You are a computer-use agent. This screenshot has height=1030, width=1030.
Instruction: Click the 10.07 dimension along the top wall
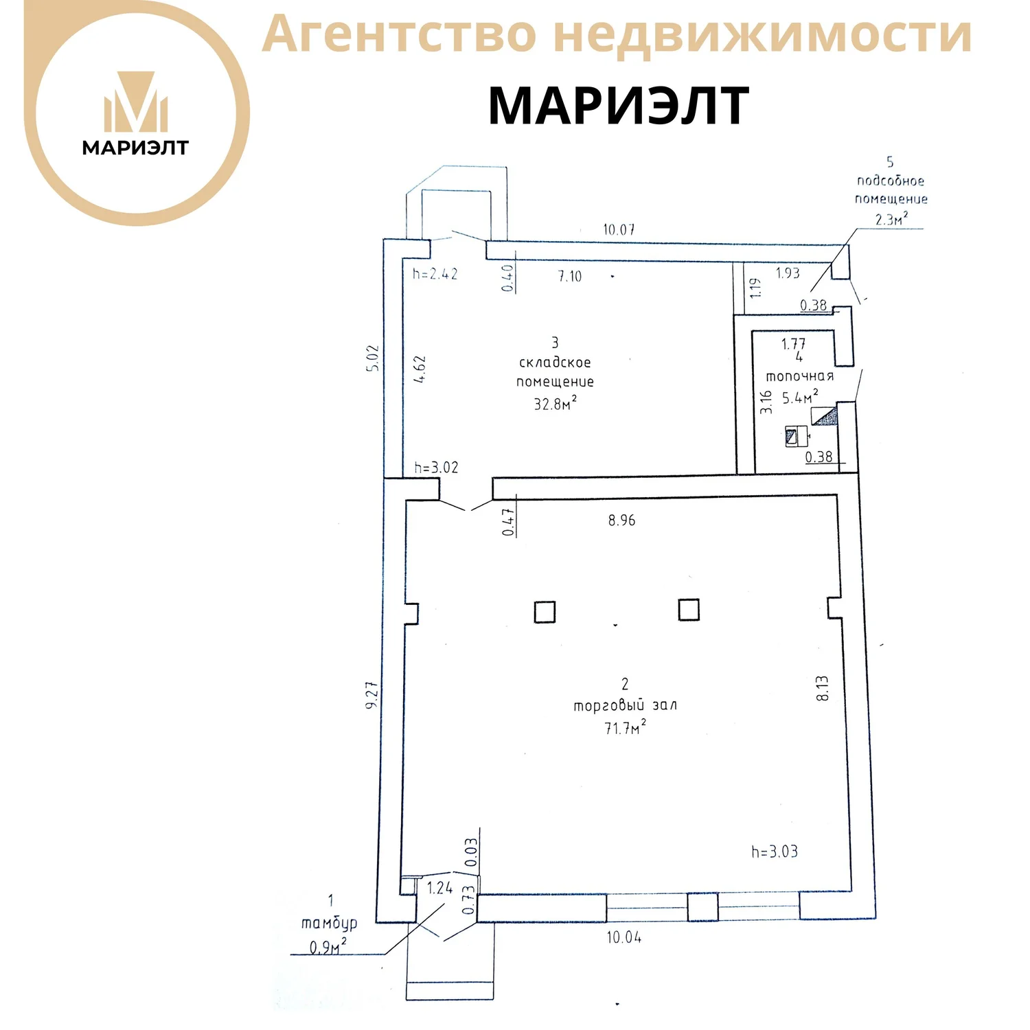pyautogui.click(x=619, y=229)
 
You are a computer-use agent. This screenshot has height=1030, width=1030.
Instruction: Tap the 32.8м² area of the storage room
pyautogui.click(x=555, y=403)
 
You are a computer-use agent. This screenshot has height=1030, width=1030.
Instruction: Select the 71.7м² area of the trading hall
pyautogui.click(x=625, y=728)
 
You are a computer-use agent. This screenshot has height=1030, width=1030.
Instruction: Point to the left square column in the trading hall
pyautogui.click(x=545, y=612)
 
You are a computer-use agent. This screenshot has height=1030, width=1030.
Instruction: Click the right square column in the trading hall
pyautogui.click(x=689, y=610)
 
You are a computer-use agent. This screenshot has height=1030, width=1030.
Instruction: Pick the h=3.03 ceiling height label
pyautogui.click(x=775, y=851)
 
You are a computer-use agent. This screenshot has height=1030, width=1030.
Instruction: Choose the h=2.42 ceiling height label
pyautogui.click(x=435, y=273)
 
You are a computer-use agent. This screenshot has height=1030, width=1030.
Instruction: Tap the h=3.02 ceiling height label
pyautogui.click(x=436, y=468)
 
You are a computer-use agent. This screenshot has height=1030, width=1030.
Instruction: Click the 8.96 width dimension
pyautogui.click(x=621, y=520)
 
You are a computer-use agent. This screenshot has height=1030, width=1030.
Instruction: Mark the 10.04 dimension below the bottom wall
pyautogui.click(x=623, y=937)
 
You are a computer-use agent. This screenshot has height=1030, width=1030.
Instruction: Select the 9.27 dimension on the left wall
pyautogui.click(x=372, y=695)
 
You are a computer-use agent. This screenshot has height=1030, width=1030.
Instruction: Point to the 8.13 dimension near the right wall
pyautogui.click(x=823, y=688)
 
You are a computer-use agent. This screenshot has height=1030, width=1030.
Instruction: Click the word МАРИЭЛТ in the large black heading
pyautogui.click(x=618, y=106)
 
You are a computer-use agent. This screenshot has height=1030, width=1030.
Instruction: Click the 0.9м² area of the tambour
pyautogui.click(x=328, y=947)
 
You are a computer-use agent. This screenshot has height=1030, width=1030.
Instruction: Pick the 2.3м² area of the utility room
pyautogui.click(x=891, y=219)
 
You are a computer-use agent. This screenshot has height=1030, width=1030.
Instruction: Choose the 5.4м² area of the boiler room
pyautogui.click(x=800, y=397)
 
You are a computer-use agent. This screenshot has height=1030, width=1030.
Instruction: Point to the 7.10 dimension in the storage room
pyautogui.click(x=569, y=276)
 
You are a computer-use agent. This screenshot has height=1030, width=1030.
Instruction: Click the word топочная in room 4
pyautogui.click(x=799, y=376)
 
